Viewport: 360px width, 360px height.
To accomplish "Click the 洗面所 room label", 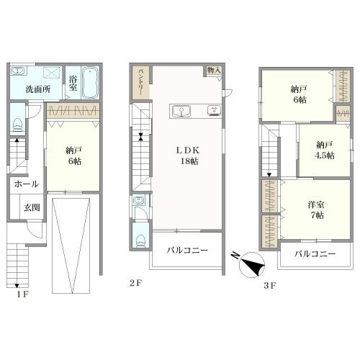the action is tap(38, 89).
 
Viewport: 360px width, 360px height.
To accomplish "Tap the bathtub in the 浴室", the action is tap(90, 83).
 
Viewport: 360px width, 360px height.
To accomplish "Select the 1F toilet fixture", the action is tap(17, 125).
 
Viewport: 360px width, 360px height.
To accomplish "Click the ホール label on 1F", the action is tap(27, 184).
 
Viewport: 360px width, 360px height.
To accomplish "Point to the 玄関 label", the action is tap(32, 207).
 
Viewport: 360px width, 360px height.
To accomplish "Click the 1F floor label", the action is tap(23, 294).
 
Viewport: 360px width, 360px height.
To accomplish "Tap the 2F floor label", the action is tap(136, 283).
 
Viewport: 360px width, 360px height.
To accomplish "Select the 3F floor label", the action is tap(270, 286).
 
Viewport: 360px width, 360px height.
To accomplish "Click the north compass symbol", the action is tap(251, 265).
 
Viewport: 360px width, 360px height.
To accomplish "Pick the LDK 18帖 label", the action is tap(189, 156).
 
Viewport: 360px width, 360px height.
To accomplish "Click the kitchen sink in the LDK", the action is tap(181, 111).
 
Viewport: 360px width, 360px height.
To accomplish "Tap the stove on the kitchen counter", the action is tap(215, 110).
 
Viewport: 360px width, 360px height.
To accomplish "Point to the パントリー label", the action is tap(141, 82).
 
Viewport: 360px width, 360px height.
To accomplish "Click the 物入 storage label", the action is tap(214, 71).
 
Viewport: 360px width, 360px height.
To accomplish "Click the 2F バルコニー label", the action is tap(187, 251).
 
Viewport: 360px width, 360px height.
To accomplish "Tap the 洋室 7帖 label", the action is tap(316, 210).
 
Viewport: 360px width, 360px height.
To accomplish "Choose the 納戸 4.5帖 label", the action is tap(325, 150).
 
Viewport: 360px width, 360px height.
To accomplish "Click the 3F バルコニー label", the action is tap(315, 253).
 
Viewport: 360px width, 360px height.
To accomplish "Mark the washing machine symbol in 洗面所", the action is tap(51, 72).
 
